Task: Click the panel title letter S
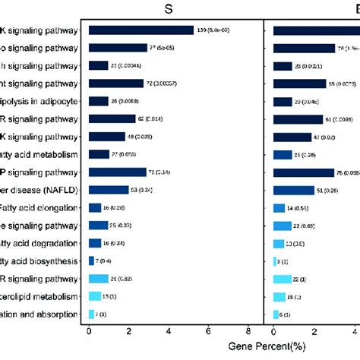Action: (175, 8)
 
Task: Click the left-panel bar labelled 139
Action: (141, 30)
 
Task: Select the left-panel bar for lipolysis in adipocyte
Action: (99, 101)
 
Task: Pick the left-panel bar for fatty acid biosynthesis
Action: (91, 261)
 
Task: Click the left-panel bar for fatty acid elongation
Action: (95, 207)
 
